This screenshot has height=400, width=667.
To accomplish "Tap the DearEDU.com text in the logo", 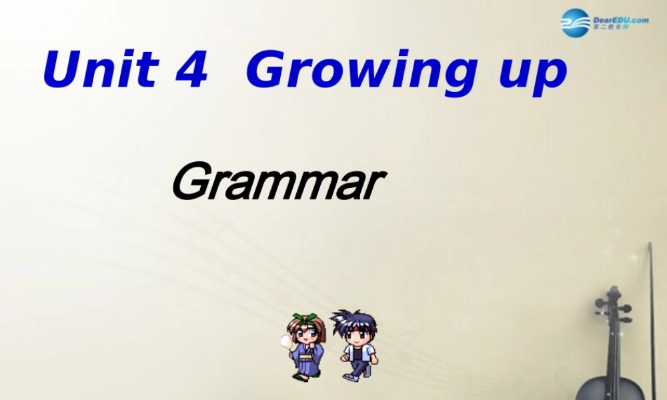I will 620,20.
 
